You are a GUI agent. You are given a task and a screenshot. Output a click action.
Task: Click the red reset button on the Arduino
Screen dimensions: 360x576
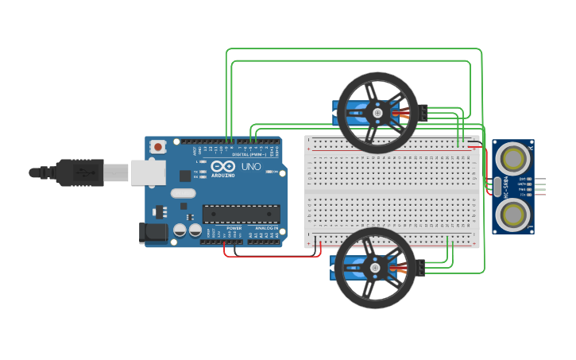click(159, 146)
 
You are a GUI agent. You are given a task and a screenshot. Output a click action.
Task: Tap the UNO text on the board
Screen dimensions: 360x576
click(251, 167)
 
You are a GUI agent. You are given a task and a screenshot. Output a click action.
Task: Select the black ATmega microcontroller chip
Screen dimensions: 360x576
click(242, 214)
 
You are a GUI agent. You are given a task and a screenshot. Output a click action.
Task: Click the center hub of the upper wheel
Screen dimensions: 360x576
click(377, 113)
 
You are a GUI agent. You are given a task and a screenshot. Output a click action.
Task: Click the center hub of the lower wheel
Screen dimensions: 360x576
click(375, 269)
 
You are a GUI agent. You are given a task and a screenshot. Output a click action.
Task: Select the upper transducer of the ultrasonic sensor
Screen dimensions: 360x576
click(514, 158)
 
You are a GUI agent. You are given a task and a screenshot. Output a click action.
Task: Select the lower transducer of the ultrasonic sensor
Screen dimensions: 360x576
click(514, 214)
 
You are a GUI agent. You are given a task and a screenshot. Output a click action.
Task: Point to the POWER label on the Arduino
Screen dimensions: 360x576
click(234, 228)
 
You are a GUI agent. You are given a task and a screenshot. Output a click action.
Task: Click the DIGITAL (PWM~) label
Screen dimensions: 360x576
click(249, 154)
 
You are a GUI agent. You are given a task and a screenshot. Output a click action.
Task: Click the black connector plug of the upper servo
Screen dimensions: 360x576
click(424, 113)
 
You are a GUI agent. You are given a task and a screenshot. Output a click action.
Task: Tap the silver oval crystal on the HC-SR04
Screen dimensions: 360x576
click(497, 187)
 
